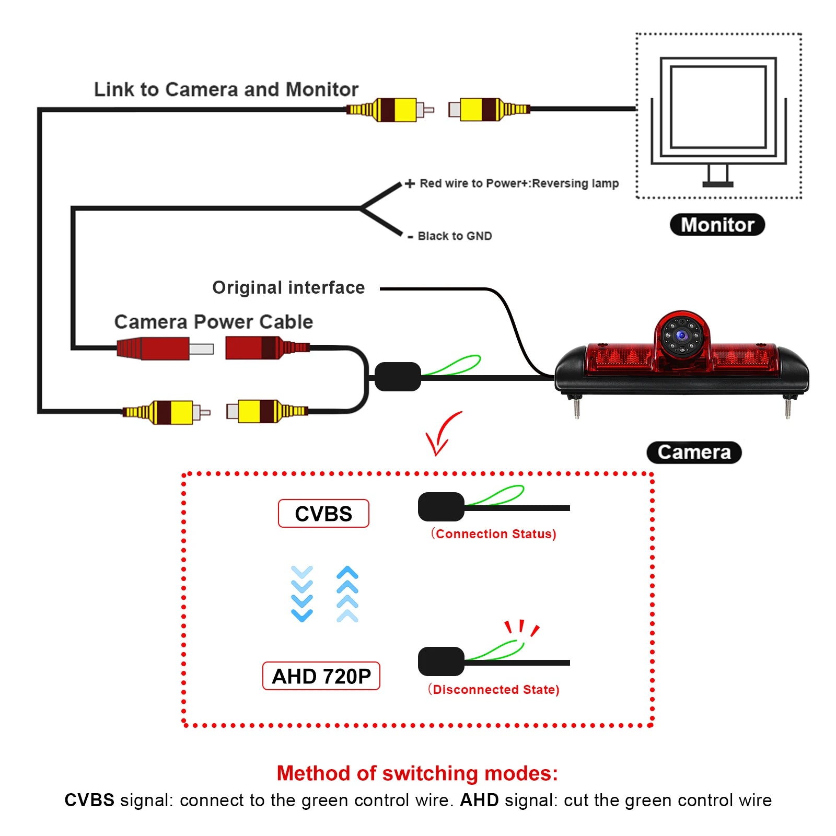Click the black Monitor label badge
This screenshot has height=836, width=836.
(x=717, y=225)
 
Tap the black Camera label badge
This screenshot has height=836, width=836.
(x=694, y=452)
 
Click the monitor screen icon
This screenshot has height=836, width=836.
(x=718, y=107)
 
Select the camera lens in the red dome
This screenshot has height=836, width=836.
(x=682, y=335)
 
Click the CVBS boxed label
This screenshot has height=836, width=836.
(x=323, y=514)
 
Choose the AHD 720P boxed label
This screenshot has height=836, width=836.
(x=321, y=676)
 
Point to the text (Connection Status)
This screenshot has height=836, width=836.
(x=494, y=534)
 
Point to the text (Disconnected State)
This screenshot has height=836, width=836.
(x=494, y=690)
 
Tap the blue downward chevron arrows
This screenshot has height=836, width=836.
(x=302, y=594)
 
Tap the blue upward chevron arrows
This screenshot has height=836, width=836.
(x=347, y=594)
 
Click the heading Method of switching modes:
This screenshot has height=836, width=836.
(x=417, y=773)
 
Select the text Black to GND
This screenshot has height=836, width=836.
(x=455, y=236)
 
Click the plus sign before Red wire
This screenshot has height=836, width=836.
(x=410, y=183)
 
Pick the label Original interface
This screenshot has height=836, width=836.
(x=288, y=288)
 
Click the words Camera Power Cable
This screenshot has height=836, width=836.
(x=214, y=322)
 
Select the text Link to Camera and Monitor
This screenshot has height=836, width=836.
(x=226, y=89)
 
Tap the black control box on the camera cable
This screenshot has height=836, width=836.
(x=398, y=377)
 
